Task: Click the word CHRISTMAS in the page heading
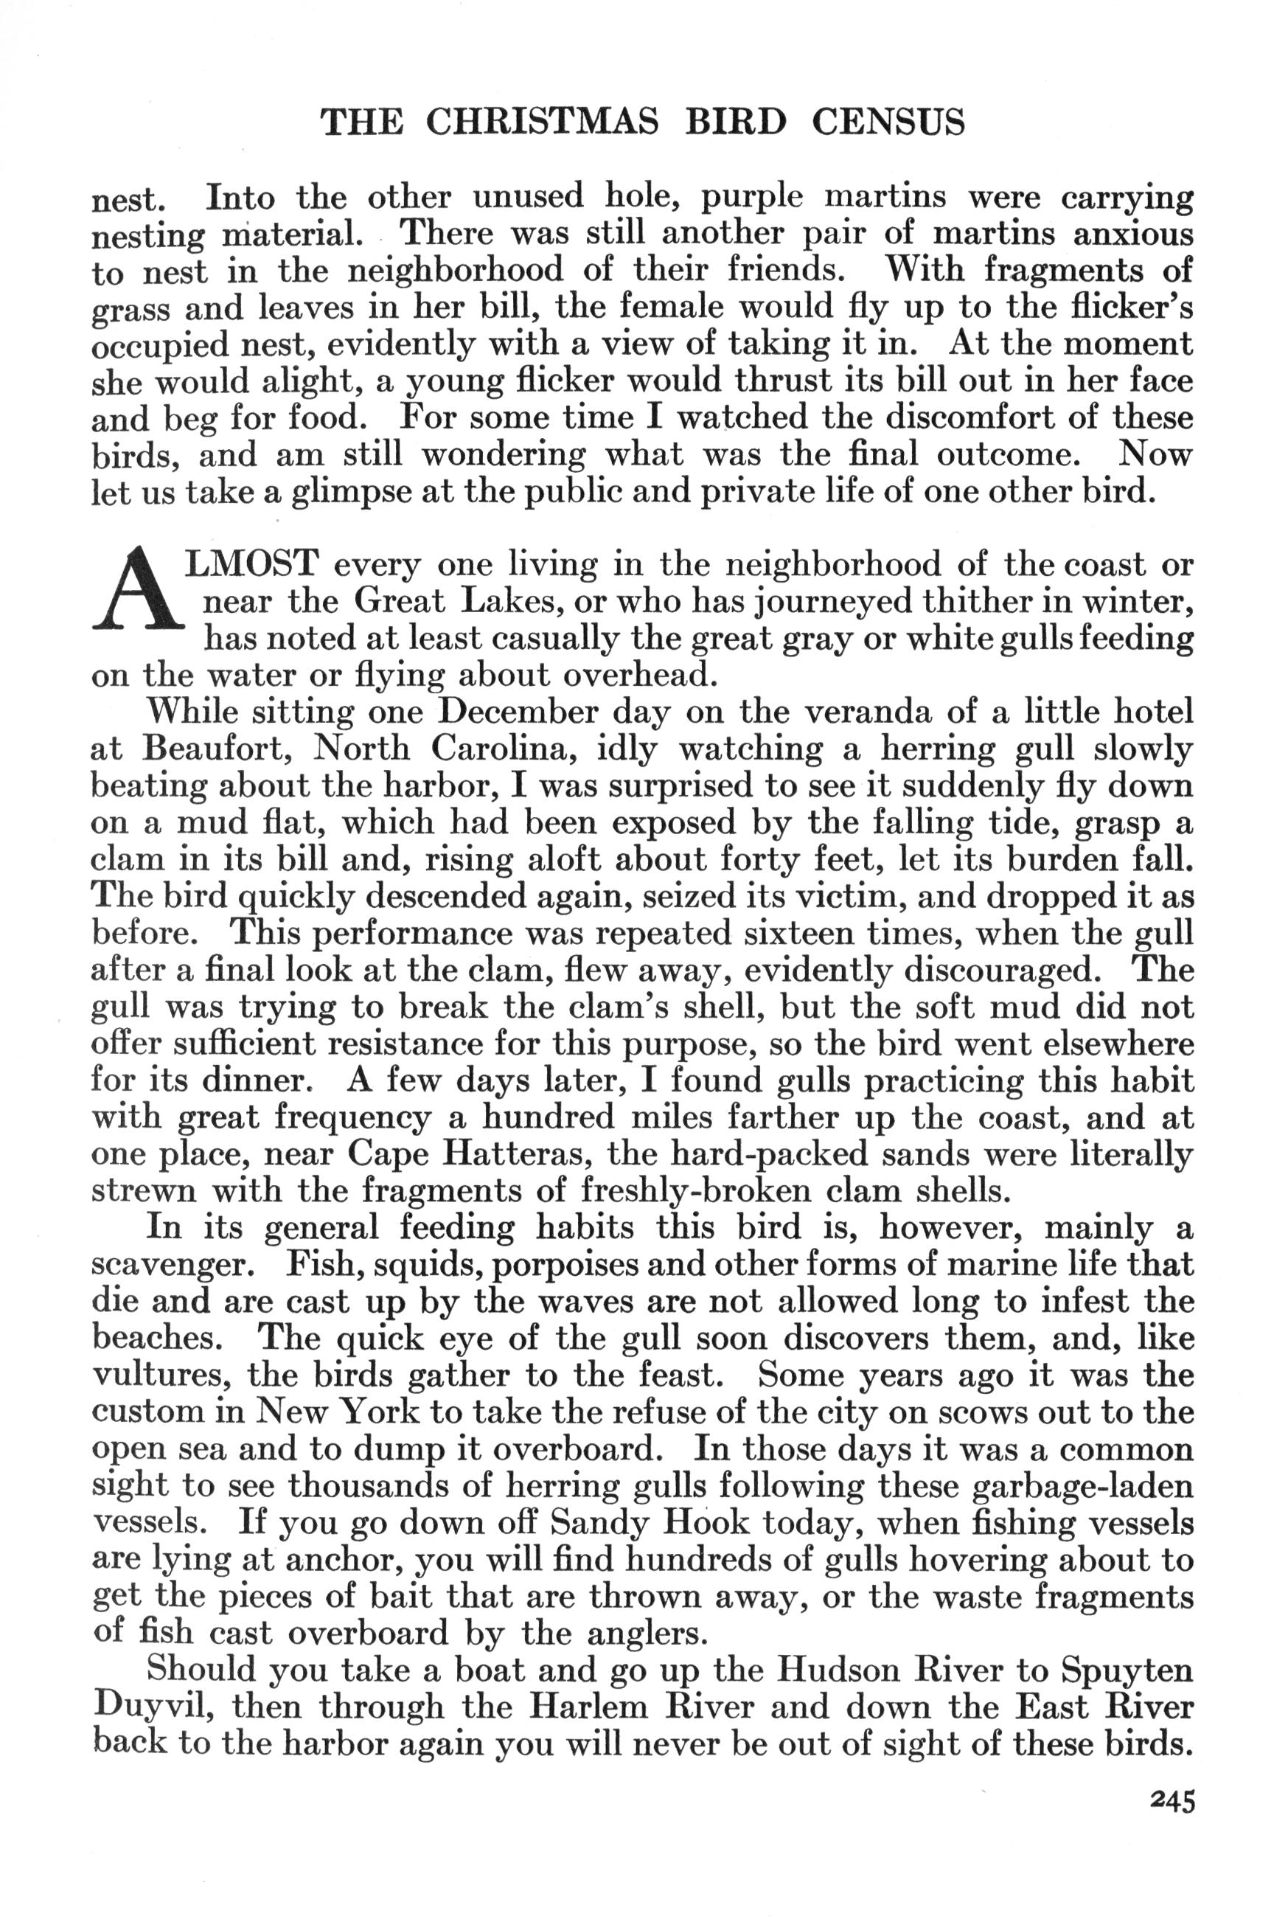click(x=543, y=122)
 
